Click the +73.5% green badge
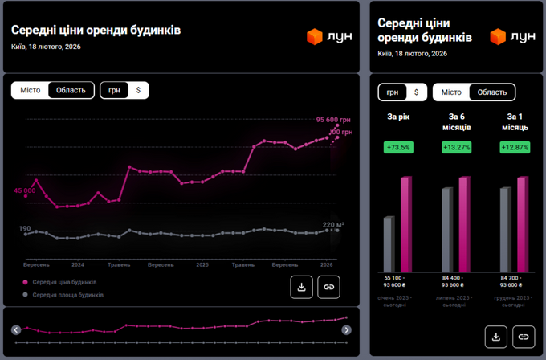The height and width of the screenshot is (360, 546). point(398,147)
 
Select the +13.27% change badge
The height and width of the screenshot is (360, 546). point(455,147)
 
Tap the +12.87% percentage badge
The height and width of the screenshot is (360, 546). point(513,147)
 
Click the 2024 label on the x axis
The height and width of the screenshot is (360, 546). point(78,264)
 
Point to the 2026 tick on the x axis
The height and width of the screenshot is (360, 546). point(327,264)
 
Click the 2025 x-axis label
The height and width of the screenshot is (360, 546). point(202,264)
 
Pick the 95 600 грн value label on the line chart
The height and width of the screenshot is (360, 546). point(335,120)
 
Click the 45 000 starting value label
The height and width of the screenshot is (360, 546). point(24,190)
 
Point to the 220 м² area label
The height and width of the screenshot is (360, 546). point(333,224)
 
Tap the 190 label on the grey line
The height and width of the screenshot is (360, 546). point(25,229)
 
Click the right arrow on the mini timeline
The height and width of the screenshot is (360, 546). point(346,329)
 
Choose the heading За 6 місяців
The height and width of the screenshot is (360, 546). point(455,122)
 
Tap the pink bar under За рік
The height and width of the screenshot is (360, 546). point(406,224)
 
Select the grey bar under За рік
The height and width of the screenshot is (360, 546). point(389,243)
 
